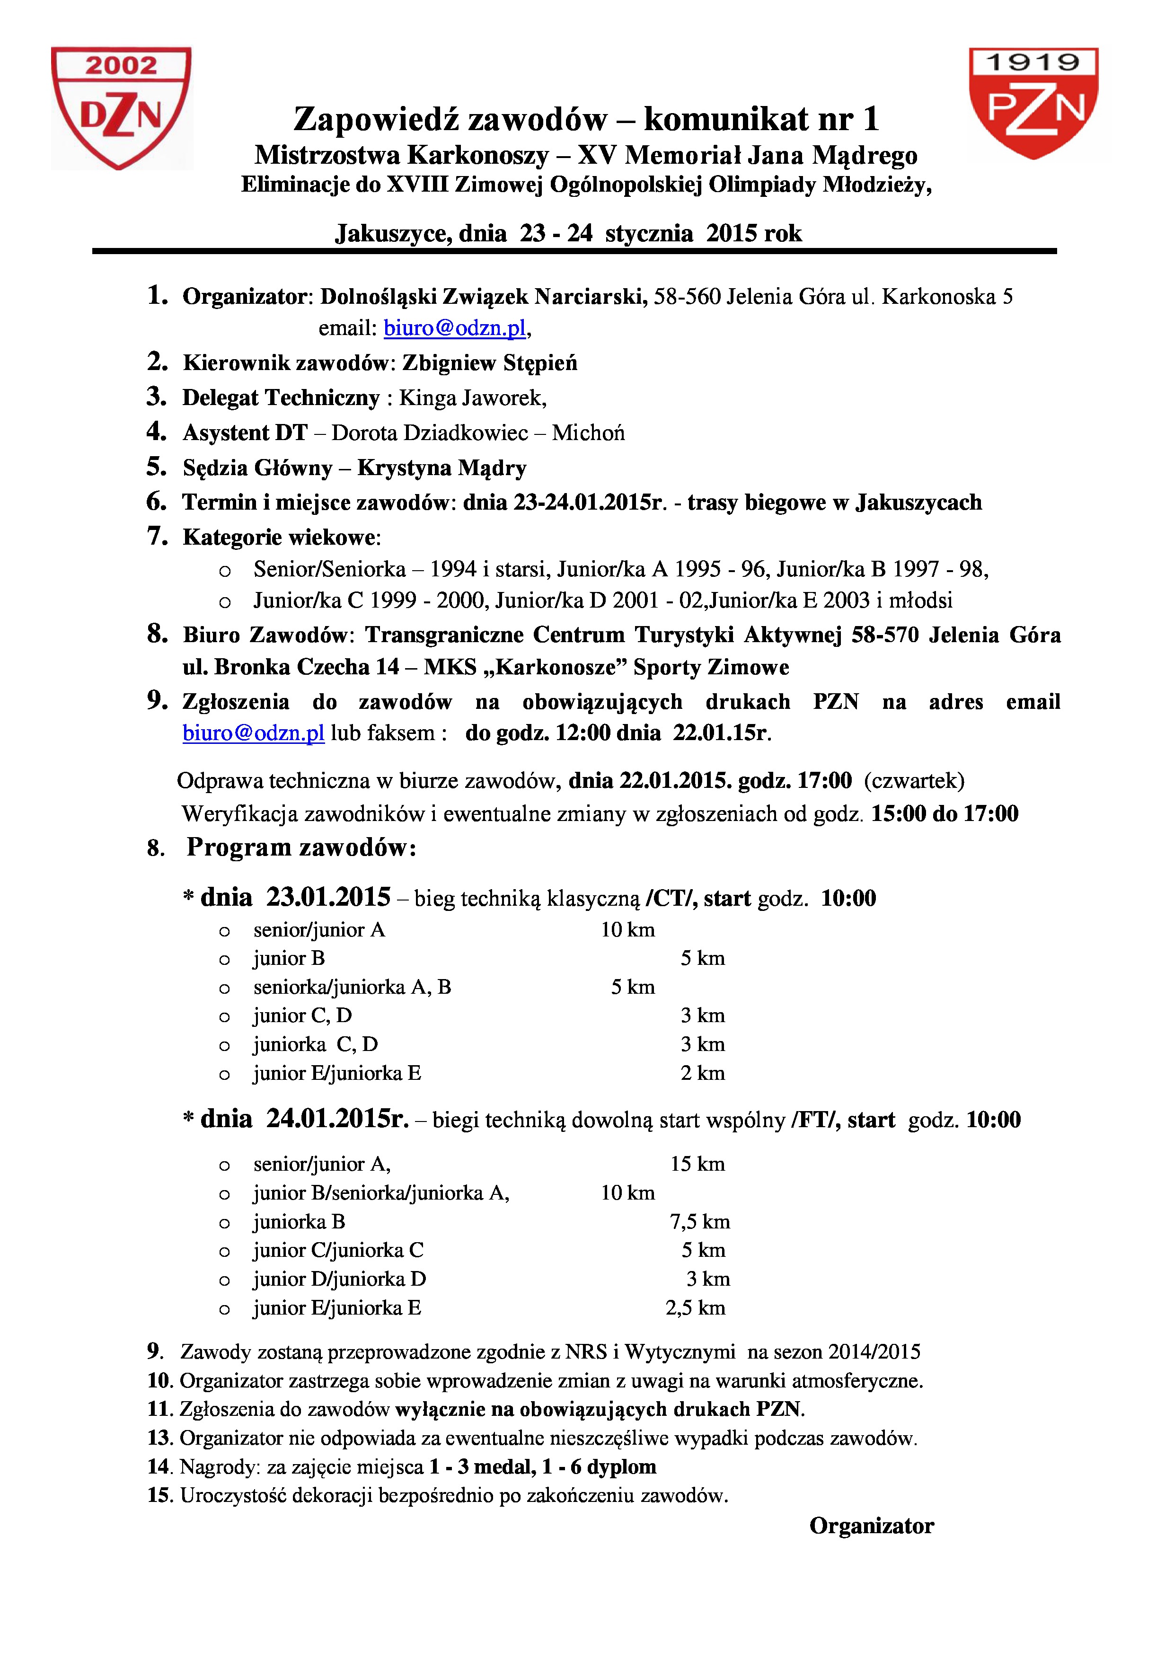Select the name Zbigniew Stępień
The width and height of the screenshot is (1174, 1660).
(489, 363)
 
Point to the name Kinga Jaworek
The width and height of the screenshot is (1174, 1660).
(472, 397)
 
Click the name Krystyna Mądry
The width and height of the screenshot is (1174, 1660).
(441, 468)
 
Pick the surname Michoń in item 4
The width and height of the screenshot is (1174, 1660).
(589, 433)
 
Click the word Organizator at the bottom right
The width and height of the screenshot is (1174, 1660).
(871, 1526)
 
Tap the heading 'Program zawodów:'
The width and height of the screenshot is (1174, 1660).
(301, 848)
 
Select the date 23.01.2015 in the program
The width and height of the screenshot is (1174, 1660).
(328, 897)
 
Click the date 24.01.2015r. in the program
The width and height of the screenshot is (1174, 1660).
(337, 1119)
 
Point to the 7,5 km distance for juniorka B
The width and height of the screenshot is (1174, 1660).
(700, 1222)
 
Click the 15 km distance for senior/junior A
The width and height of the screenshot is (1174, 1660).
(697, 1164)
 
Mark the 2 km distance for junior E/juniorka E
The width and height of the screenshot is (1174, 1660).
(702, 1073)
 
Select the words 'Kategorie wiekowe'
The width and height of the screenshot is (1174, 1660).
(279, 537)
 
